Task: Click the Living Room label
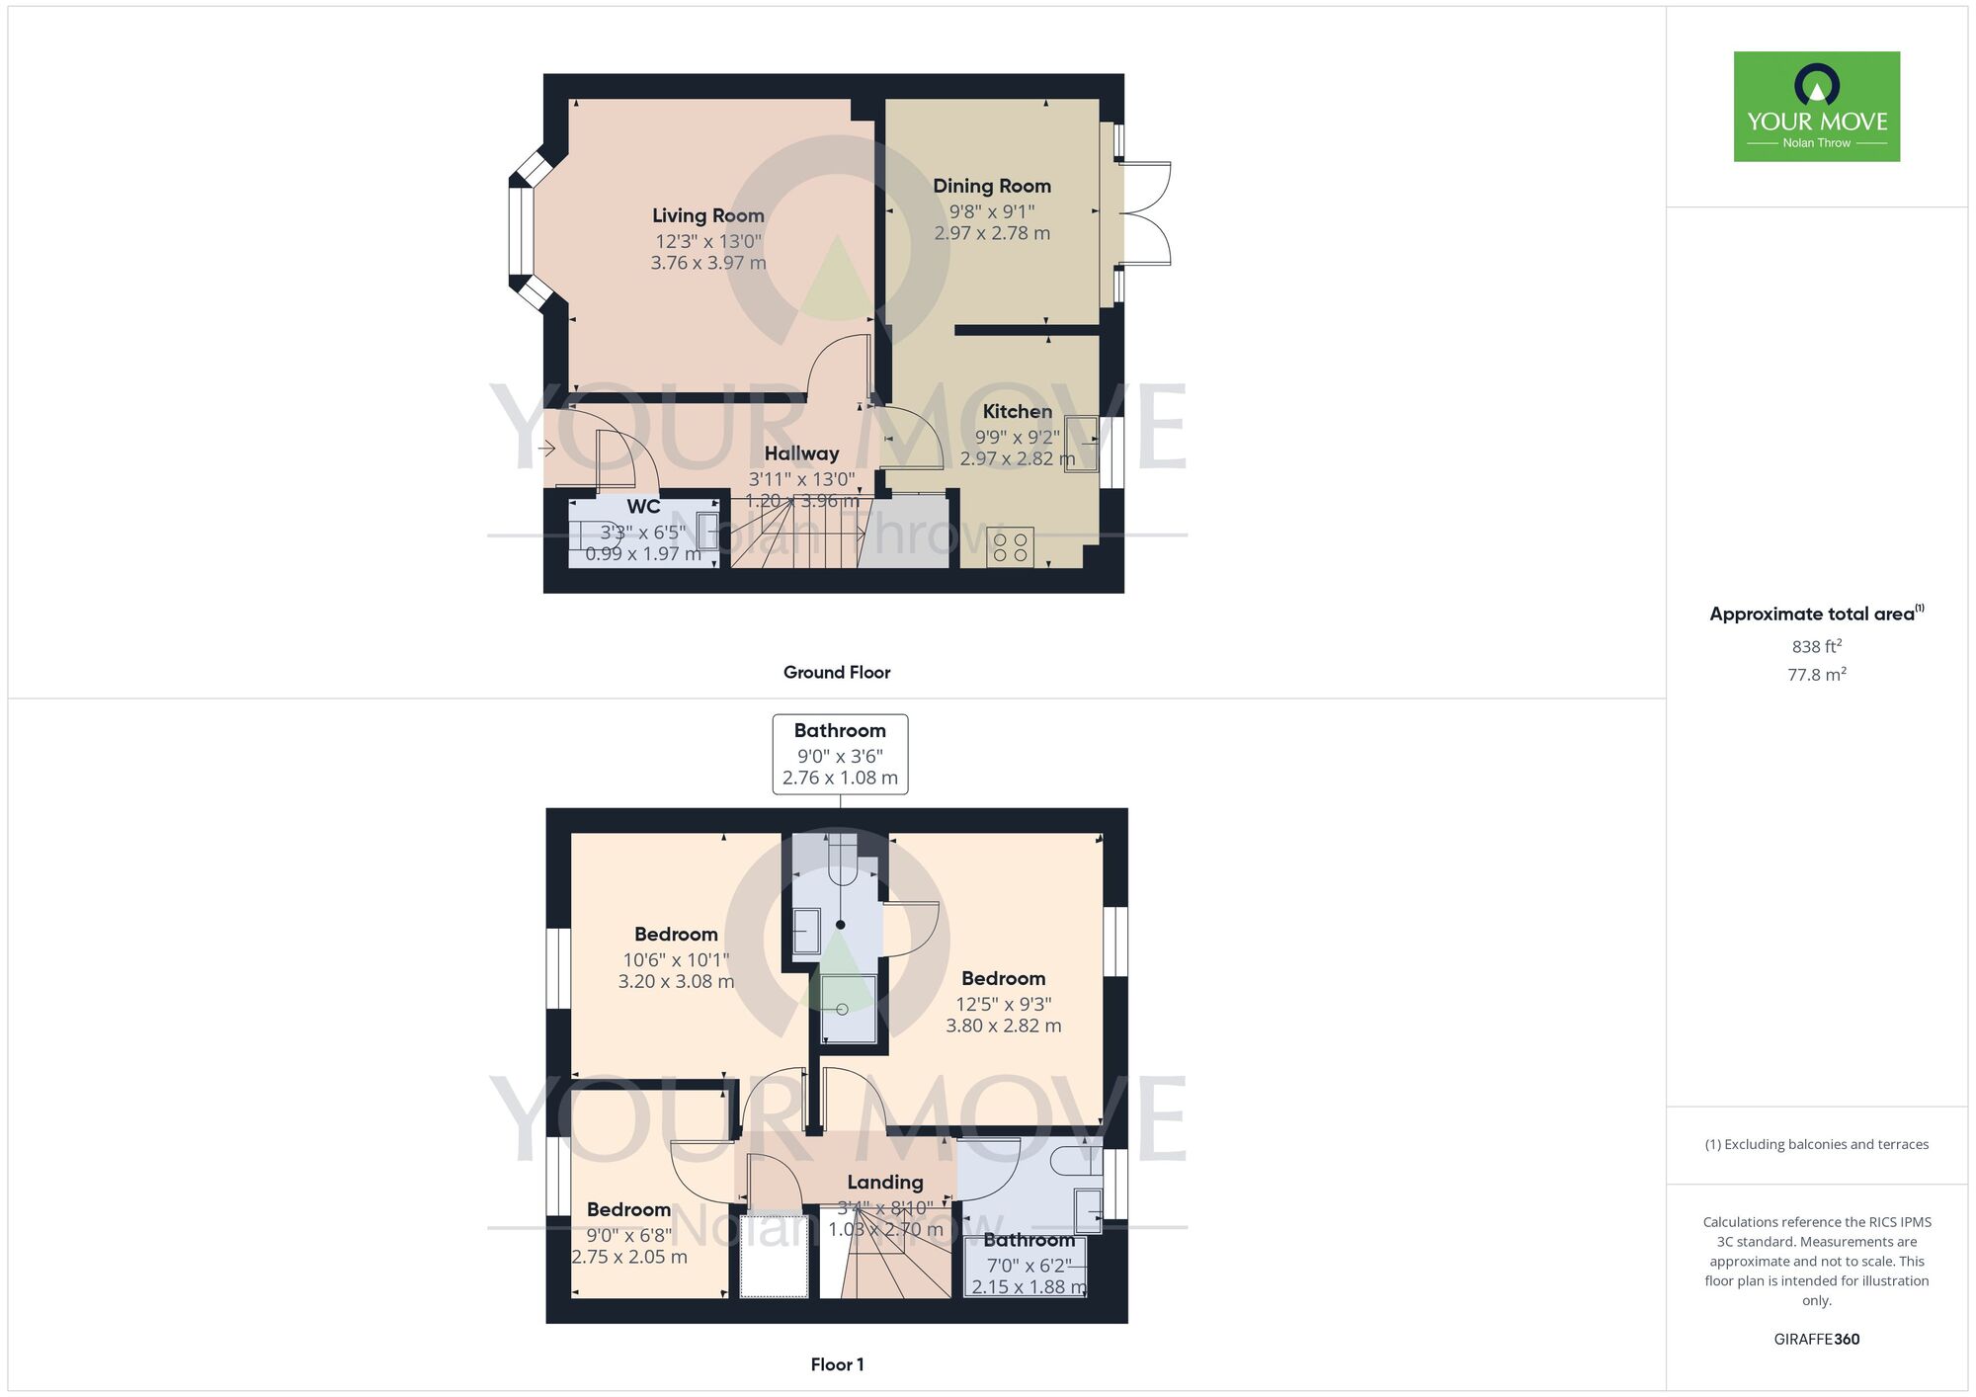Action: pos(707,215)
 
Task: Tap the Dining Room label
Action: pos(992,186)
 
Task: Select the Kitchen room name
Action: pos(1017,411)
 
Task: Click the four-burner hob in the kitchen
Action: pos(1010,547)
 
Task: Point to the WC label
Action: pos(643,507)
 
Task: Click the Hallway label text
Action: pos(801,453)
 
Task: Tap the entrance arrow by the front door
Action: pos(546,450)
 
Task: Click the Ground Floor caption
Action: pos(837,672)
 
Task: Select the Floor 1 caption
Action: pos(837,1364)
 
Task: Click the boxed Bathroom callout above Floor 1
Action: pos(840,754)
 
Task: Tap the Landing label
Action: pos(884,1182)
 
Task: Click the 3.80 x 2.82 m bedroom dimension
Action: pos(1004,1026)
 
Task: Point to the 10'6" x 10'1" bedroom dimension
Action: pos(676,959)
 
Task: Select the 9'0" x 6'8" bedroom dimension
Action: pos(628,1235)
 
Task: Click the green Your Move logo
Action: pos(1816,107)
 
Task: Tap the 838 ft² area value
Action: pos(1816,646)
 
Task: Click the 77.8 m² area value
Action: pos(1816,675)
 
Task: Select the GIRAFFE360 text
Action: pos(1816,1340)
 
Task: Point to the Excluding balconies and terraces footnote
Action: pos(1816,1144)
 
